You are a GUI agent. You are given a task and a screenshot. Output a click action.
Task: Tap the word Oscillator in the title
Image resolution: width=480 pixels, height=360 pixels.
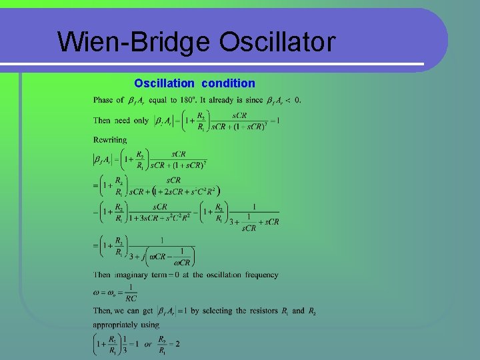[277, 42]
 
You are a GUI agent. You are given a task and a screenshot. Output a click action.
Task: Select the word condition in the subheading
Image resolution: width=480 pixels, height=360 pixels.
[227, 83]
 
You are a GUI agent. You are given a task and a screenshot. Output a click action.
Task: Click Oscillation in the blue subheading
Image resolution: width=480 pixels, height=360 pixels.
[164, 83]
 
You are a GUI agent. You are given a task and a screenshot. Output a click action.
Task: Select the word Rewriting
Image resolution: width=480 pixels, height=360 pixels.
[110, 140]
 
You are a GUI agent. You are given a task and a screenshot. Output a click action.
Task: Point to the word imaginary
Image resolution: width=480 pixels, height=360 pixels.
[135, 275]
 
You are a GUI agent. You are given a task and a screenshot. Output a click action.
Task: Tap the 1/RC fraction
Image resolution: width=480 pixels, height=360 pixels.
[131, 293]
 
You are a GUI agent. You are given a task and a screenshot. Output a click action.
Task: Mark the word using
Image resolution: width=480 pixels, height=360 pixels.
[149, 325]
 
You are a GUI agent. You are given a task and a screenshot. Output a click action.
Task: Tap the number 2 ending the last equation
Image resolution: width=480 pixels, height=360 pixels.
[177, 343]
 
